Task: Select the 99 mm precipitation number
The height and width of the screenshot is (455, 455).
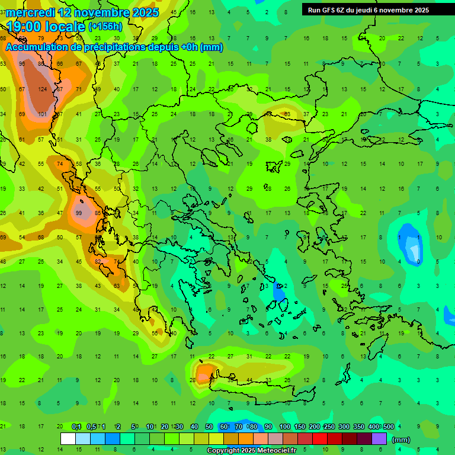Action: click(79, 213)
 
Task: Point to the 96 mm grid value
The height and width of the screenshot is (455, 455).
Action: click(22, 63)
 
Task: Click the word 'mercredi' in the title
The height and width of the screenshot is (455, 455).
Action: click(30, 12)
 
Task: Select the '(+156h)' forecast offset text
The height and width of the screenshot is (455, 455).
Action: click(105, 27)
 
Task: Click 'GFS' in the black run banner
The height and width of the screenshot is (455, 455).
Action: click(332, 10)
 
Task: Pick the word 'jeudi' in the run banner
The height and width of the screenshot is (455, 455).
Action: click(371, 10)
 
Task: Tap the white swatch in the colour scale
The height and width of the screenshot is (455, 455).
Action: click(68, 439)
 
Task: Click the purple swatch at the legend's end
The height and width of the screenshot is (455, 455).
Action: click(379, 439)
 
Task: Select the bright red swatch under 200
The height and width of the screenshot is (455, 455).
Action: click(320, 439)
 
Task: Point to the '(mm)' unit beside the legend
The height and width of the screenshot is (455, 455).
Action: click(401, 440)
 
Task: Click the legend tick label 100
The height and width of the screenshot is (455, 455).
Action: click(284, 427)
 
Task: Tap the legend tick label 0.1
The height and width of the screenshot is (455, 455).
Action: click(76, 427)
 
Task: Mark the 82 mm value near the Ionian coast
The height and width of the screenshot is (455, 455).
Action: click(98, 261)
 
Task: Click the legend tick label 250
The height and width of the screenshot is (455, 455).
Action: click(329, 427)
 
